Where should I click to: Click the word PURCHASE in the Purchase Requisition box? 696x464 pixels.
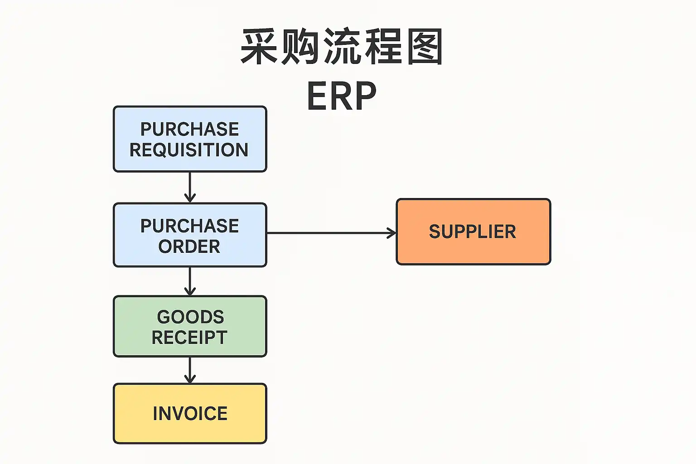pos(189,129)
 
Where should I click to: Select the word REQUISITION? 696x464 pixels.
pos(189,150)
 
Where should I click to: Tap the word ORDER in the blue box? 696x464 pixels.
pos(189,246)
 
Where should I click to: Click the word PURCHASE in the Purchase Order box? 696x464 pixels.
pos(189,226)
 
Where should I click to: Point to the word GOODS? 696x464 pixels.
pos(190,317)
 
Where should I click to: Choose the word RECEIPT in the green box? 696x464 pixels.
pos(189,338)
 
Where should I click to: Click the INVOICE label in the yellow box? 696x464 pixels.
pos(190,413)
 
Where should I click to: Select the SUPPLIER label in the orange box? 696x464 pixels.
pos(473,232)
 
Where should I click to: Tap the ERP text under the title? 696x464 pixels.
pos(342,96)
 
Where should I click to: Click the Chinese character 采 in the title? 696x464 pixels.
pos(259,46)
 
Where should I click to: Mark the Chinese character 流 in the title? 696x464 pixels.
pos(342,46)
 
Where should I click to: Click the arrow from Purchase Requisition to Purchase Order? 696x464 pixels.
pos(190,187)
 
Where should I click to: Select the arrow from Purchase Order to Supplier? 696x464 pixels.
pos(331,233)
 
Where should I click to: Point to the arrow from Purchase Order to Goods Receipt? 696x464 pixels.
pos(190,281)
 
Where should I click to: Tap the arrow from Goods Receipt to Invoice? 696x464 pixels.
pos(190,370)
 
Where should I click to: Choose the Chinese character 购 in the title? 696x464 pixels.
pos(300,46)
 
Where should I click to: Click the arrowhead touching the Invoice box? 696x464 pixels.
pos(190,379)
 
